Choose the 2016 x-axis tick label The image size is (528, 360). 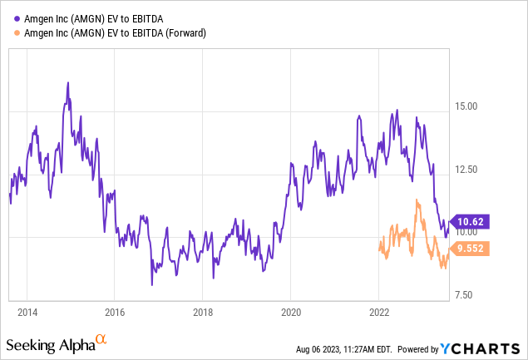[115, 312]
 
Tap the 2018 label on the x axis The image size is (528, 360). [203, 312]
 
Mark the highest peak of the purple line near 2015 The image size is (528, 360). [67, 84]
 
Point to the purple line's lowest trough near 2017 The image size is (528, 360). [151, 284]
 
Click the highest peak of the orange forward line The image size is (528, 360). [417, 200]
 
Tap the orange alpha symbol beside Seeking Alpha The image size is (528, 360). [101, 339]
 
